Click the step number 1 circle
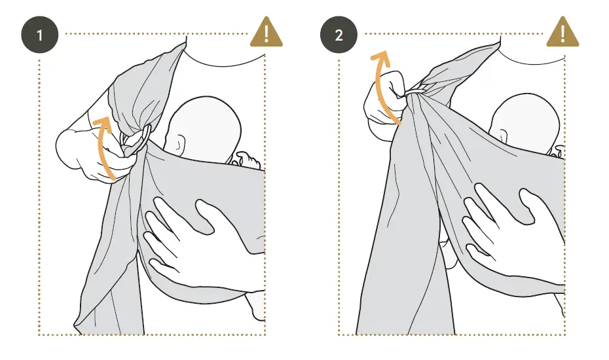[x=40, y=35]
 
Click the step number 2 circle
[x=339, y=35]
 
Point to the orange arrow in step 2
[x=384, y=85]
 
